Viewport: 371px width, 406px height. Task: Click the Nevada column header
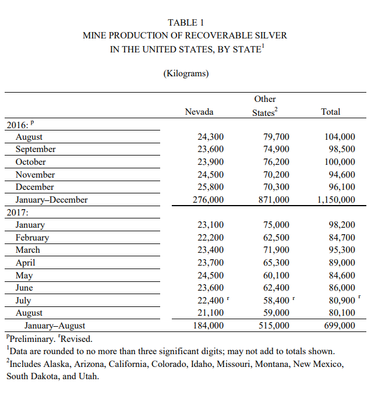[x=199, y=112]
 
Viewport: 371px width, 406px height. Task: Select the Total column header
[x=331, y=112]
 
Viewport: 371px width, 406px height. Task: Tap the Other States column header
[x=265, y=106]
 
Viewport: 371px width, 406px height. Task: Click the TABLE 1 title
[x=186, y=23]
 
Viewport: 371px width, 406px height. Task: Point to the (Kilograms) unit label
[x=185, y=73]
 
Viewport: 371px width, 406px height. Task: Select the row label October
[x=31, y=162]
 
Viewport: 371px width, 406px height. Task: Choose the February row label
[x=33, y=238]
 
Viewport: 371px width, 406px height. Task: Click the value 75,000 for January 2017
[x=275, y=225]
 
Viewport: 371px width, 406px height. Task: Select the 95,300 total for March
[x=341, y=250]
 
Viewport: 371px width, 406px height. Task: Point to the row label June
[x=24, y=288]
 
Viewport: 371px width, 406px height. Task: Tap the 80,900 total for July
[x=341, y=301]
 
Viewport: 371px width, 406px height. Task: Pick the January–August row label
[x=55, y=326]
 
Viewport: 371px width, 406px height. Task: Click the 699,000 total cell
[x=339, y=326]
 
